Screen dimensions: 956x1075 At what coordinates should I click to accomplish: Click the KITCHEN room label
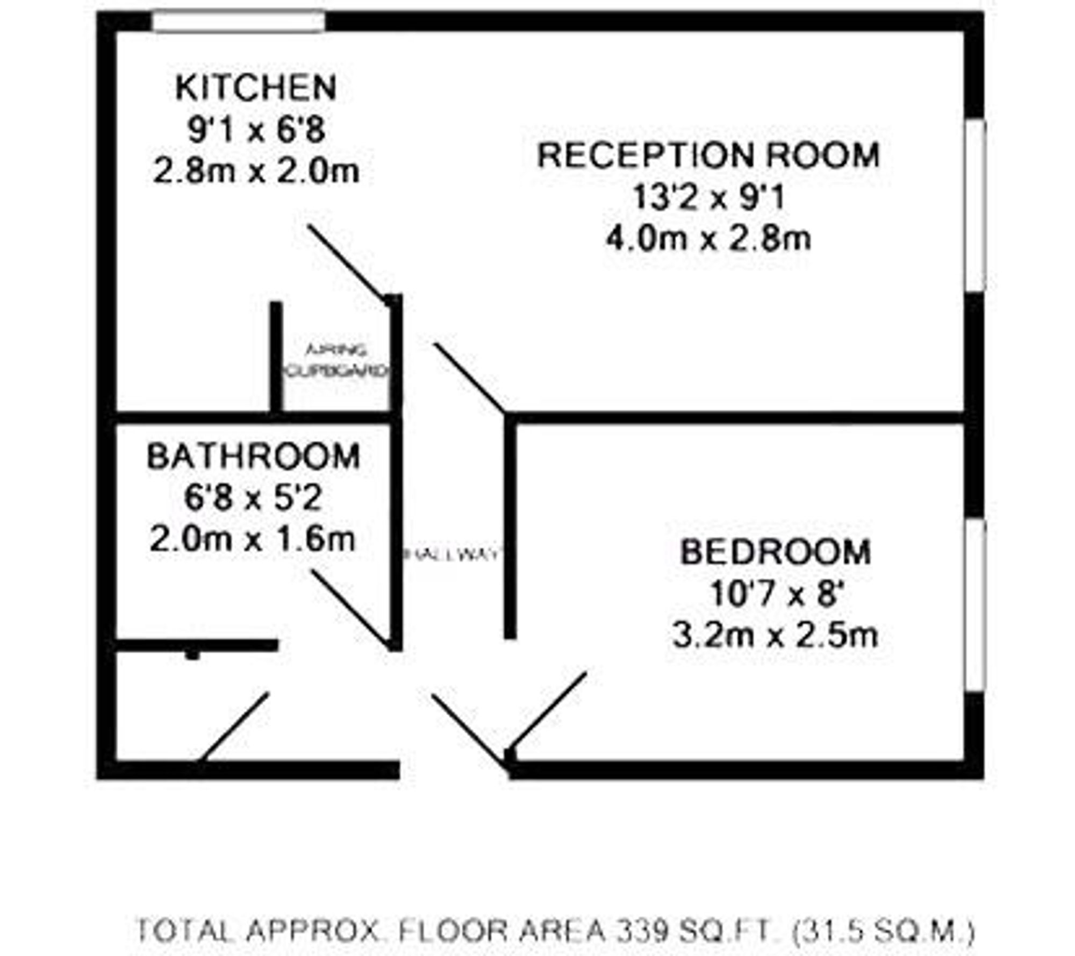click(x=256, y=88)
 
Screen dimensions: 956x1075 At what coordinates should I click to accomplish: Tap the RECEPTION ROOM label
click(x=708, y=155)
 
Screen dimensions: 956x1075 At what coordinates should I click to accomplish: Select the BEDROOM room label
click(x=775, y=552)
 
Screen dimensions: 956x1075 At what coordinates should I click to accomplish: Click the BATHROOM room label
click(x=253, y=456)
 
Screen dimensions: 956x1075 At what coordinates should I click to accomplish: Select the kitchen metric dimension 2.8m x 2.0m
click(x=256, y=172)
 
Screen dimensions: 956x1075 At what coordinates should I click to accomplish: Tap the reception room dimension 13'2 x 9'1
click(x=708, y=197)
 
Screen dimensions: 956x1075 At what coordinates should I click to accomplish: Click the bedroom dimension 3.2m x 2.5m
click(x=775, y=636)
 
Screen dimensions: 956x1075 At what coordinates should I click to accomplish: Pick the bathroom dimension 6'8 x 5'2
click(x=253, y=498)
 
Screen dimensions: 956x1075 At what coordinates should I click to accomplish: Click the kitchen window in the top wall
click(x=238, y=22)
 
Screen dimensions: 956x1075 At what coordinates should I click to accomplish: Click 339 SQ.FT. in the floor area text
click(x=698, y=931)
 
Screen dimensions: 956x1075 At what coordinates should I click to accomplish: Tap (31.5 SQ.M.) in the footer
click(x=884, y=931)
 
